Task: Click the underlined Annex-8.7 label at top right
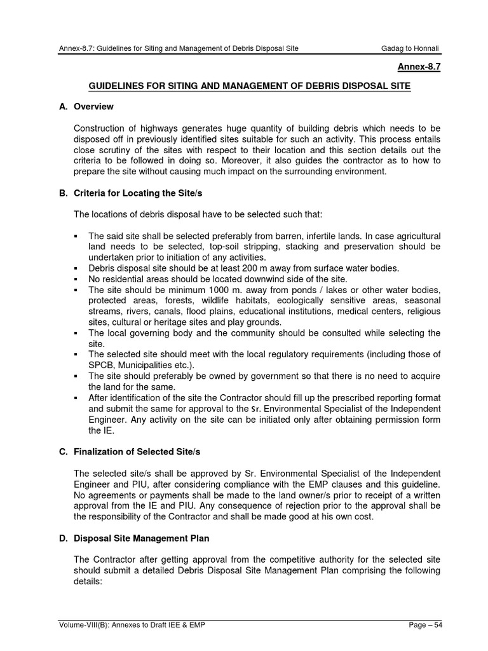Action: pyautogui.click(x=419, y=67)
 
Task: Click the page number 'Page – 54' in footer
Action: pyautogui.click(x=425, y=625)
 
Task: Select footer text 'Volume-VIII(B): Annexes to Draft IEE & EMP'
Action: pyautogui.click(x=129, y=625)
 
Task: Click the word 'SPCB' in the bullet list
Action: pyautogui.click(x=100, y=365)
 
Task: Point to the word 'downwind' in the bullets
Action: pyautogui.click(x=261, y=279)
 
